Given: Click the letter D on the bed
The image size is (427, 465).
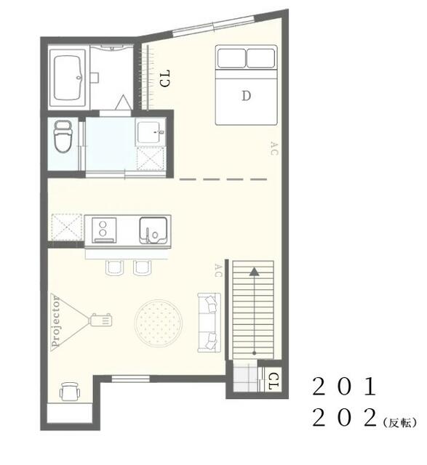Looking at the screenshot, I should point(246,94).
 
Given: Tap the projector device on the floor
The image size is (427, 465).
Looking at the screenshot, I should point(100,319).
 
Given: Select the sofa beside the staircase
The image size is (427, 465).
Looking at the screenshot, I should point(209,320).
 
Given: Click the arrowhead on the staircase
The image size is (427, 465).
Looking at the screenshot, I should point(254,272).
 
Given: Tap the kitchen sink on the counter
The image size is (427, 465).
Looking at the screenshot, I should point(153,230).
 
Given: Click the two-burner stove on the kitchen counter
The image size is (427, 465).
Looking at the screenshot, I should point(103,230).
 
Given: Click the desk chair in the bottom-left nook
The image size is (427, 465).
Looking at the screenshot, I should point(68,392).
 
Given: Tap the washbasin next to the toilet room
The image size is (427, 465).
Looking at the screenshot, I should point(151,132).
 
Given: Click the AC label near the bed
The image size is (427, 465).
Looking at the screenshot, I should point(274,148).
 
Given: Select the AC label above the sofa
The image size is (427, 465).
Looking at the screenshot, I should point(218,270).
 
